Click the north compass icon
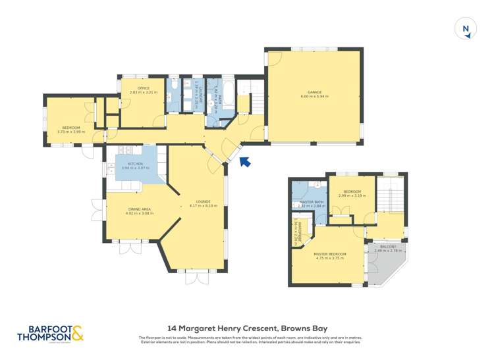tap(466, 29)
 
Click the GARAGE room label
tap(314, 92)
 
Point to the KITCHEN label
tap(136, 164)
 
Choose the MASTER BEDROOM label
tap(329, 254)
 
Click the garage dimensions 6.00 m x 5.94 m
tap(314, 97)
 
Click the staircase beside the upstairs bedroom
tap(389, 197)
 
